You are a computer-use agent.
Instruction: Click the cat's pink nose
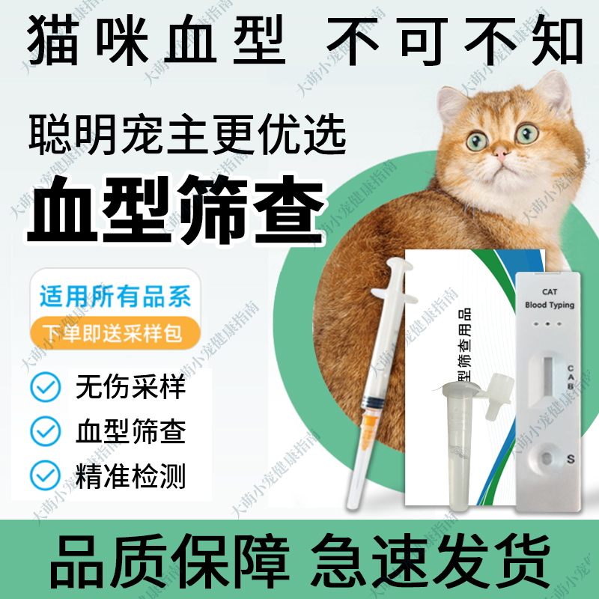[500, 153]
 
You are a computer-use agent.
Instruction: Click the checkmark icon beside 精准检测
[46, 475]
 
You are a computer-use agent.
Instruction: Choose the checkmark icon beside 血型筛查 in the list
[46, 431]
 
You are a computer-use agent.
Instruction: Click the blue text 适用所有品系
[115, 297]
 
